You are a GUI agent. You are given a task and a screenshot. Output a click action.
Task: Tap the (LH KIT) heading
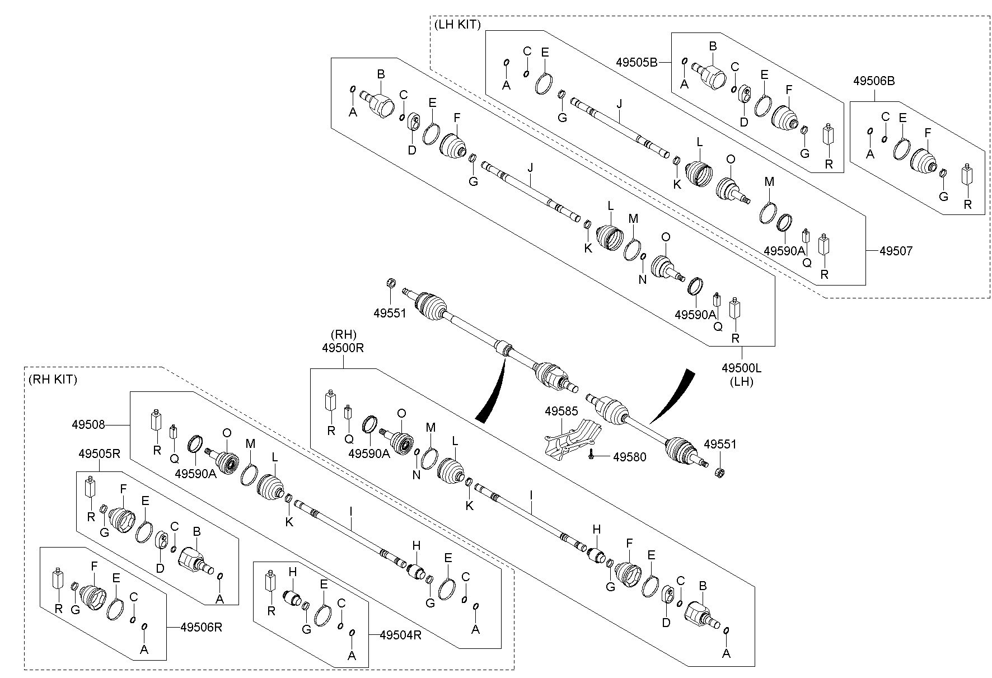(457, 24)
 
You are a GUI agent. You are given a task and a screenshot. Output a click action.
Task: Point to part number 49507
(896, 251)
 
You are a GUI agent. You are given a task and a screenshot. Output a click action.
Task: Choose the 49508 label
(88, 425)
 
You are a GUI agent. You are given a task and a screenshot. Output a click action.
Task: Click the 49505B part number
(637, 63)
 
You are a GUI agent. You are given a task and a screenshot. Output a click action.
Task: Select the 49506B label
(874, 81)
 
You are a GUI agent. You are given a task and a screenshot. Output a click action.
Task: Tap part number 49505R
(99, 453)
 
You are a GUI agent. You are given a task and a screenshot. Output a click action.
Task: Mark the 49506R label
(202, 628)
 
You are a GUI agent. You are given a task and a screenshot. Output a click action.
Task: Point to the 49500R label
(343, 348)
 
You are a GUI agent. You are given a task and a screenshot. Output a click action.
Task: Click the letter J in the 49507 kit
(619, 104)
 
